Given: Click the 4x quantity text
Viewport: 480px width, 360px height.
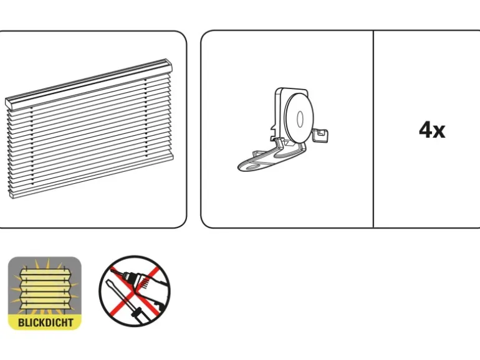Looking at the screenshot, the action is [x=432, y=130].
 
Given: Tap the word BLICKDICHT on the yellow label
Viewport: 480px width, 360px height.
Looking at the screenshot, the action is [x=46, y=323].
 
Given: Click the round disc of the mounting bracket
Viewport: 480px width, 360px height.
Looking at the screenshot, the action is [x=299, y=118].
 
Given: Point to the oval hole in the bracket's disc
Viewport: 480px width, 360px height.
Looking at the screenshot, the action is [x=300, y=119].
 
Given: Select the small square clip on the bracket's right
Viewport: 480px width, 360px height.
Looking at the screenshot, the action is [x=321, y=135].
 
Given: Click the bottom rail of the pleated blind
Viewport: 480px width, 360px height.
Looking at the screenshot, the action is [x=92, y=176].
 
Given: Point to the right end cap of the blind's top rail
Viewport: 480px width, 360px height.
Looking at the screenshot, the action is [x=168, y=65].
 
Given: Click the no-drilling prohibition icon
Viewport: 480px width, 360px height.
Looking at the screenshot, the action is [x=135, y=291].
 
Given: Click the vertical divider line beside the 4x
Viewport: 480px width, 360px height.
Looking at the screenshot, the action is [x=373, y=129].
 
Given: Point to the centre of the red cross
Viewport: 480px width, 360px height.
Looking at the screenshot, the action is [x=135, y=293].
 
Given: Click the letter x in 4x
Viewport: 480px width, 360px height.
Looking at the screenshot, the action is [x=439, y=131].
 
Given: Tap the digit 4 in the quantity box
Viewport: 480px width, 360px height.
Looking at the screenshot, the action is [x=426, y=130].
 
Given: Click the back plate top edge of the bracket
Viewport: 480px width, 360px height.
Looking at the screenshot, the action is [x=292, y=89].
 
